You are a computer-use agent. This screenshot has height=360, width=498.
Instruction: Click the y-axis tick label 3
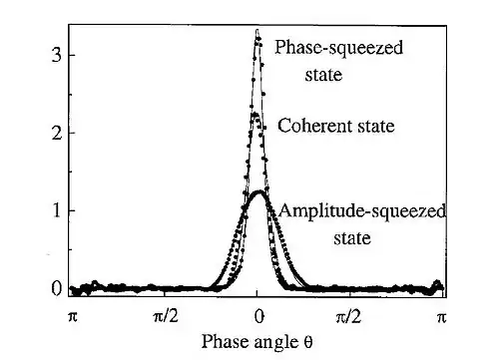click(x=57, y=56)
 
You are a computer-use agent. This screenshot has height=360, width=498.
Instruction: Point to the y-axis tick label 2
click(x=57, y=133)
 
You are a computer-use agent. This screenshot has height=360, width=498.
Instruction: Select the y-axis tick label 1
click(x=57, y=210)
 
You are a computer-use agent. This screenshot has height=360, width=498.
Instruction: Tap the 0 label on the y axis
click(x=57, y=289)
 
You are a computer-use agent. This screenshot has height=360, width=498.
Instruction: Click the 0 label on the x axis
click(x=258, y=317)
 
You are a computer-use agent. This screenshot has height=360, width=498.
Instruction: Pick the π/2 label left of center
click(x=166, y=317)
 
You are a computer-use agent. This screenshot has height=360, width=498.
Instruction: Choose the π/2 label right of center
click(x=348, y=317)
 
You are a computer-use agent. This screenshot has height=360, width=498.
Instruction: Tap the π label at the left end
click(x=73, y=317)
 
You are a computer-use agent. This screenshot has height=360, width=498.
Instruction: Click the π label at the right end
click(x=441, y=317)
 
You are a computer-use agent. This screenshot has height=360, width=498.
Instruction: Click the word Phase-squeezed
click(x=338, y=49)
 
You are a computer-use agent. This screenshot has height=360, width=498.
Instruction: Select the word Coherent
click(x=310, y=126)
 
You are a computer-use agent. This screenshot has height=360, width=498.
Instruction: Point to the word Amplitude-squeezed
click(x=361, y=211)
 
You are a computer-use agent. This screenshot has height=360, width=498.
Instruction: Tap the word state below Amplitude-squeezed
click(x=352, y=238)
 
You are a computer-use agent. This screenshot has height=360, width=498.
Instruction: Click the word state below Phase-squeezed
click(x=323, y=75)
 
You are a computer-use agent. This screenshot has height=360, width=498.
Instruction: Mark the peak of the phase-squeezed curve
click(x=257, y=30)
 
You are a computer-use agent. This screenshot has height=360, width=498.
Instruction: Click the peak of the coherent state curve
click(x=255, y=115)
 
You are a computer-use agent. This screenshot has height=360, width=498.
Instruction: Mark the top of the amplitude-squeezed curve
click(x=258, y=191)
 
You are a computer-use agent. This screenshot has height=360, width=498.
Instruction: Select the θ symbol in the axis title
click(x=308, y=342)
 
